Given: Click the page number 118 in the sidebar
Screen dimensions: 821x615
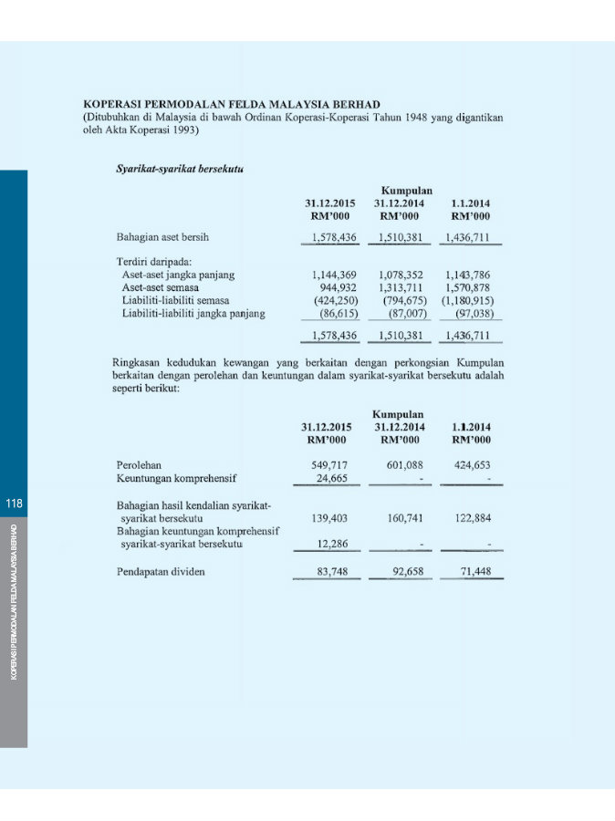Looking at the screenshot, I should tap(14, 504).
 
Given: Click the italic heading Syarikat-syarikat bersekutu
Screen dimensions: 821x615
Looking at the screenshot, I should tap(172, 169).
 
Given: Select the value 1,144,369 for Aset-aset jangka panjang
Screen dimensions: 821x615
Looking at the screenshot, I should tap(335, 274).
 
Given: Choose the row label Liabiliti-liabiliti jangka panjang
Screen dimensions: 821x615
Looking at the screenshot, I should tap(193, 313).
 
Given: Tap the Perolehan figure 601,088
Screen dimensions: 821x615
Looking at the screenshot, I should tap(402, 464).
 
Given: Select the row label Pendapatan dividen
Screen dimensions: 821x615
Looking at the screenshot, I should tap(161, 572).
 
